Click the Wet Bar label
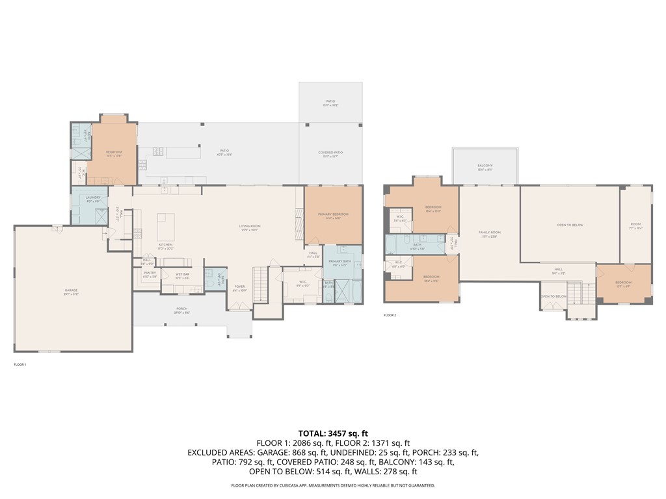(182, 274)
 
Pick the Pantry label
(150, 274)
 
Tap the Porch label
(181, 310)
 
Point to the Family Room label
(489, 233)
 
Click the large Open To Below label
(570, 225)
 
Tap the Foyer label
(240, 287)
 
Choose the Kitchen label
(166, 246)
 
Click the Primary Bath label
(340, 262)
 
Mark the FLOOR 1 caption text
(20, 365)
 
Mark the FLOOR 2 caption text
(390, 315)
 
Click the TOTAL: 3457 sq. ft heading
(333, 433)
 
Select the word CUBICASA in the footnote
(305, 485)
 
